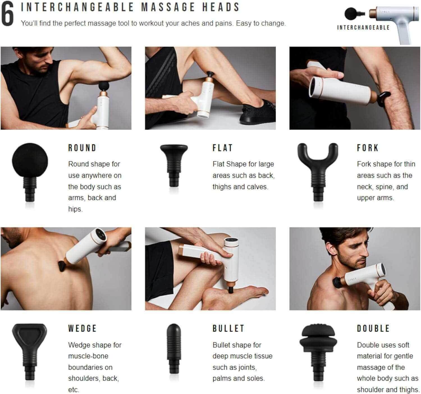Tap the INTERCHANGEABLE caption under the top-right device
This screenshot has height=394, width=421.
[363, 27]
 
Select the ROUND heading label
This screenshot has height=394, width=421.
[82, 148]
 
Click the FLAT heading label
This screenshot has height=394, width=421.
[223, 148]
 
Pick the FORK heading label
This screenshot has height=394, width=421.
[368, 148]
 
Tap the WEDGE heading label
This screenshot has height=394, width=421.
[82, 328]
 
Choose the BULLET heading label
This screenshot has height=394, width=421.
[228, 328]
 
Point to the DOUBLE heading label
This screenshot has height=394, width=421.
[373, 328]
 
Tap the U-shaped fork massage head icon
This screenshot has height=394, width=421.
[318, 168]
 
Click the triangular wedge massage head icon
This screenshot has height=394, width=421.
[30, 348]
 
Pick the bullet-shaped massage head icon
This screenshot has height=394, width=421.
[174, 348]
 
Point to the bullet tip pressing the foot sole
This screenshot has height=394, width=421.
[230, 291]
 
